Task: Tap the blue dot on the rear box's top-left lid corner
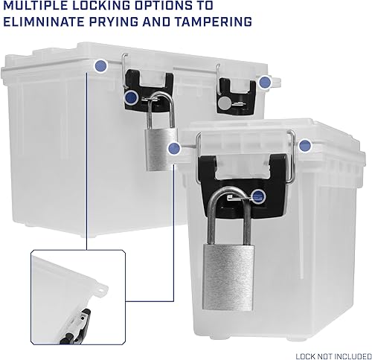[x=100, y=67]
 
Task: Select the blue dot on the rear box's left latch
[x=131, y=97]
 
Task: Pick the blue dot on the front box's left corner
[x=174, y=149]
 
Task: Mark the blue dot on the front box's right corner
[x=304, y=147]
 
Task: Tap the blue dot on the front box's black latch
[x=258, y=196]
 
